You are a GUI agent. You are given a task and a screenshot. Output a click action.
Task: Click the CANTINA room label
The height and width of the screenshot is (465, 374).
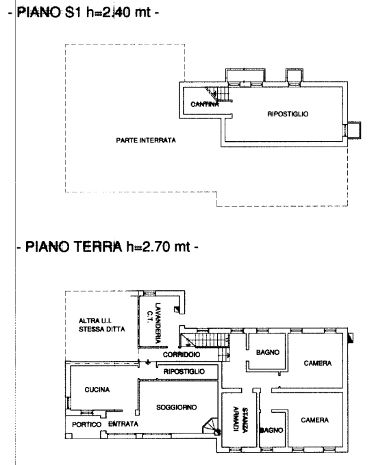coord(205,104)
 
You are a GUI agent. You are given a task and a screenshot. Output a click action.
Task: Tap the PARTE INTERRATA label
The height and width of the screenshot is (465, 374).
coord(146,140)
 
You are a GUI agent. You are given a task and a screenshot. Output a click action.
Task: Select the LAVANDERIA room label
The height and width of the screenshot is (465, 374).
coord(158,323)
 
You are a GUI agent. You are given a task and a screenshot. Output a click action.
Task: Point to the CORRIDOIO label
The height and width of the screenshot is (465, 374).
coord(182,354)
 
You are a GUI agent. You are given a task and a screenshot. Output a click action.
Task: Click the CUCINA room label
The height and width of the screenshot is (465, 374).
coord(97,390)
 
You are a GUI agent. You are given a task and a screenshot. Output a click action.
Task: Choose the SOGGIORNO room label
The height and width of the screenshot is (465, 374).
coord(177,407)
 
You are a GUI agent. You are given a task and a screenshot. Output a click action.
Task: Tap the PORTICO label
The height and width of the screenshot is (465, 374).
coord(86,425)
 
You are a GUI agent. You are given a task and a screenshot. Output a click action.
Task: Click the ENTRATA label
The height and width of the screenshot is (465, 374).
coord(123,424)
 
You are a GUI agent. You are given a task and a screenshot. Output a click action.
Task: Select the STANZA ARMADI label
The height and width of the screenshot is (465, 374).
coord(240,419)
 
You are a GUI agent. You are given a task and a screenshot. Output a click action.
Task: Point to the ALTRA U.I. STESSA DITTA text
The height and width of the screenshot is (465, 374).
coord(102,325)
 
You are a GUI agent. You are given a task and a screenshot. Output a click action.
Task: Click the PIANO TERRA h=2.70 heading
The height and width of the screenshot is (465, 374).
coord(108,247)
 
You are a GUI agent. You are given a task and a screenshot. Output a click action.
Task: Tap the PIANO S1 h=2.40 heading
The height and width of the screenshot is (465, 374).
coord(84,12)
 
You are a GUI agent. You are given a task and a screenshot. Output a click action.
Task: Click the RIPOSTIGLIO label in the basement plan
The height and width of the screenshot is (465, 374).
coord(288,114)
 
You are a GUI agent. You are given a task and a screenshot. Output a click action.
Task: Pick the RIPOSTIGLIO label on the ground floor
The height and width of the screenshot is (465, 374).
coord(184,371)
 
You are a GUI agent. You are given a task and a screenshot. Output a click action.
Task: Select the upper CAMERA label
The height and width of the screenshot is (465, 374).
coord(318,363)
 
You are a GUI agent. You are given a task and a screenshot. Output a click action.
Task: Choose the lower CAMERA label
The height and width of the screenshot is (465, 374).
coord(314,420)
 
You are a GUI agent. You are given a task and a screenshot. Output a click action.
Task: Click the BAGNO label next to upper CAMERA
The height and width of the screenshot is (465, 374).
coord(268,352)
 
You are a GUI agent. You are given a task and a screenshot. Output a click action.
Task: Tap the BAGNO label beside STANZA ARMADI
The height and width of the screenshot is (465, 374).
coord(271,430)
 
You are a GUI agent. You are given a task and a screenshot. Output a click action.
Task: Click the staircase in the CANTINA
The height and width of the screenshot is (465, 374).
coord(219,95)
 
